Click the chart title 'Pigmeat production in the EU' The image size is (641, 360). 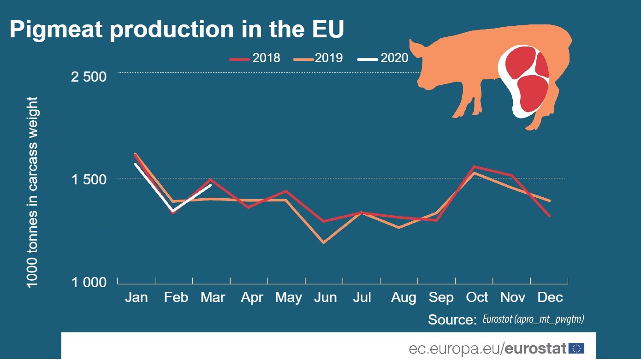177,30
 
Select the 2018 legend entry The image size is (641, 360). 255,58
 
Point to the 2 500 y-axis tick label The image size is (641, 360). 89,76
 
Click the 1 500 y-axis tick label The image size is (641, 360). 89,179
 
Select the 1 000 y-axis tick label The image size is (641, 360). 89,282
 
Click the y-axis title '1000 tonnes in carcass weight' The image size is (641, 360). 32,192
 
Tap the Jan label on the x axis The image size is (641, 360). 136,298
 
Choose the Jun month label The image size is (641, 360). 325,298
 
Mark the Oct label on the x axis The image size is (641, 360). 477,298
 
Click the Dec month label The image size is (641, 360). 550,298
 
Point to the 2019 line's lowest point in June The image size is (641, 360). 324,242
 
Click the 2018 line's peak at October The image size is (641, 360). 475,166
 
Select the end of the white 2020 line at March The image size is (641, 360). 211,185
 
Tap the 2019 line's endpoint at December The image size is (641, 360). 550,201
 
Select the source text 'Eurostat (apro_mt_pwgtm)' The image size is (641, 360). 533,319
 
